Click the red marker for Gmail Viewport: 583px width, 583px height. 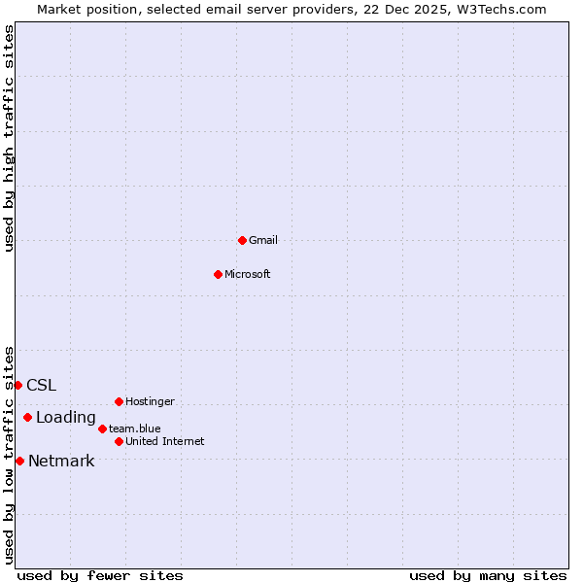(242, 240)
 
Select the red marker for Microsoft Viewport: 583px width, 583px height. (218, 274)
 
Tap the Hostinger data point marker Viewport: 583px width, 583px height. (119, 401)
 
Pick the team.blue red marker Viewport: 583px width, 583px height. (102, 429)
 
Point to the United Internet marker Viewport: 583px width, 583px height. (119, 441)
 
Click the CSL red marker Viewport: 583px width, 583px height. (17, 385)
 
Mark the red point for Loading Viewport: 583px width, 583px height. (27, 418)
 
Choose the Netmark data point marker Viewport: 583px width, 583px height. (19, 461)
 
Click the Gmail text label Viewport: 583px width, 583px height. (263, 240)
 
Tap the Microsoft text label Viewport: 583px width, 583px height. (247, 274)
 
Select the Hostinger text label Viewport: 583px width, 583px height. (150, 401)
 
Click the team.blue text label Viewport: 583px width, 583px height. (134, 429)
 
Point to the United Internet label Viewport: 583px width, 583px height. (164, 441)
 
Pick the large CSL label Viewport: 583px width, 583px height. (41, 385)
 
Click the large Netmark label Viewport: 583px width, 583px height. (61, 462)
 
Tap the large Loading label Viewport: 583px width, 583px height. (65, 418)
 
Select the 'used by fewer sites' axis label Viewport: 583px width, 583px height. (100, 575)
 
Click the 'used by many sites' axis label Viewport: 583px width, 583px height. (488, 575)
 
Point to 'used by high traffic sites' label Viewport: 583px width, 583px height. (9, 138)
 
